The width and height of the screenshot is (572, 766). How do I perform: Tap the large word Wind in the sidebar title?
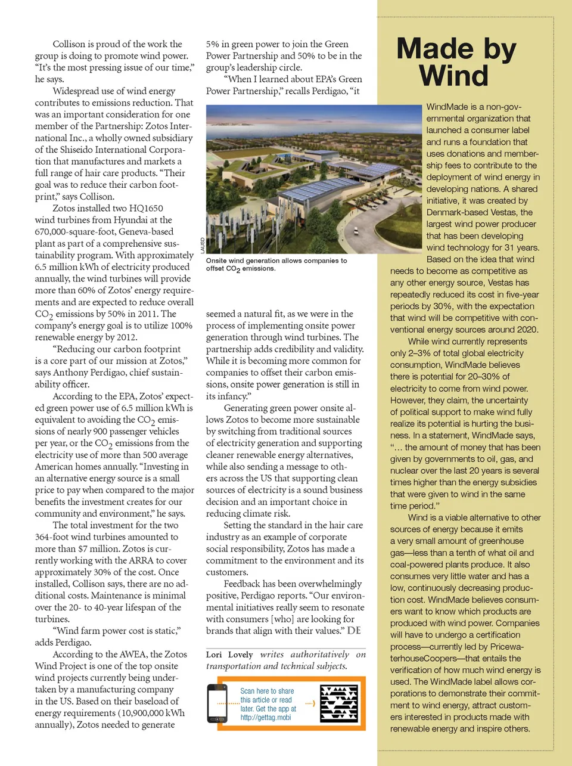[453, 76]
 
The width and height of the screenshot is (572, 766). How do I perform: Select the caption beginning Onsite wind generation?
[276, 265]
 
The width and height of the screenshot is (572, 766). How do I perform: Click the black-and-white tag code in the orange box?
[339, 703]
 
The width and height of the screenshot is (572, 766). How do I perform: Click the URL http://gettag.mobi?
[266, 718]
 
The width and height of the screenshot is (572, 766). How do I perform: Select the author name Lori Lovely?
[229, 655]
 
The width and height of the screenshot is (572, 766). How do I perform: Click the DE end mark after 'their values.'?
[354, 631]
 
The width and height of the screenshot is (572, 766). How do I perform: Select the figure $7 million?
[98, 548]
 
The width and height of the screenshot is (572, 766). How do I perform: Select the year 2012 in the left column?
[126, 337]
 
